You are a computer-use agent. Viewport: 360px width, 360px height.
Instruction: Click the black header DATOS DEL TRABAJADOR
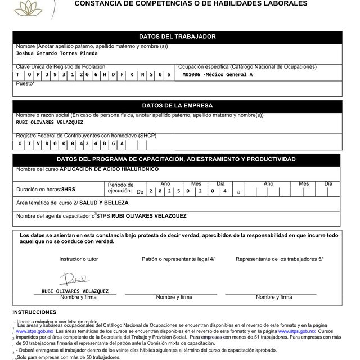177,37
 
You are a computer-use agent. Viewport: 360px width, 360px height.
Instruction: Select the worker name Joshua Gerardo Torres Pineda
57,53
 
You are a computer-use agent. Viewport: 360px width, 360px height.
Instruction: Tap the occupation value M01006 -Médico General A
218,74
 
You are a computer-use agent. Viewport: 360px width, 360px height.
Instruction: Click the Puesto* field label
25,83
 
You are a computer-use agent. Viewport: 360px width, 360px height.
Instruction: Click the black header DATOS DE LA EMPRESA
177,105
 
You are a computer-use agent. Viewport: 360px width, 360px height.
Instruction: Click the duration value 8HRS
68,190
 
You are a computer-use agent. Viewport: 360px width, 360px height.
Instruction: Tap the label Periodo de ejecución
120,188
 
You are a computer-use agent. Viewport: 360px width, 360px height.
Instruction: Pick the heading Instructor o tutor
78,259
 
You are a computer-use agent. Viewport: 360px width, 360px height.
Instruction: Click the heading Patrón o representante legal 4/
178,259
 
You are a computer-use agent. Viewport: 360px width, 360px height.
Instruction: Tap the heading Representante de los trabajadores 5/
279,259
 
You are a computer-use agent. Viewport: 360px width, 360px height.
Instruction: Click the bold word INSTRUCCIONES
34,312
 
